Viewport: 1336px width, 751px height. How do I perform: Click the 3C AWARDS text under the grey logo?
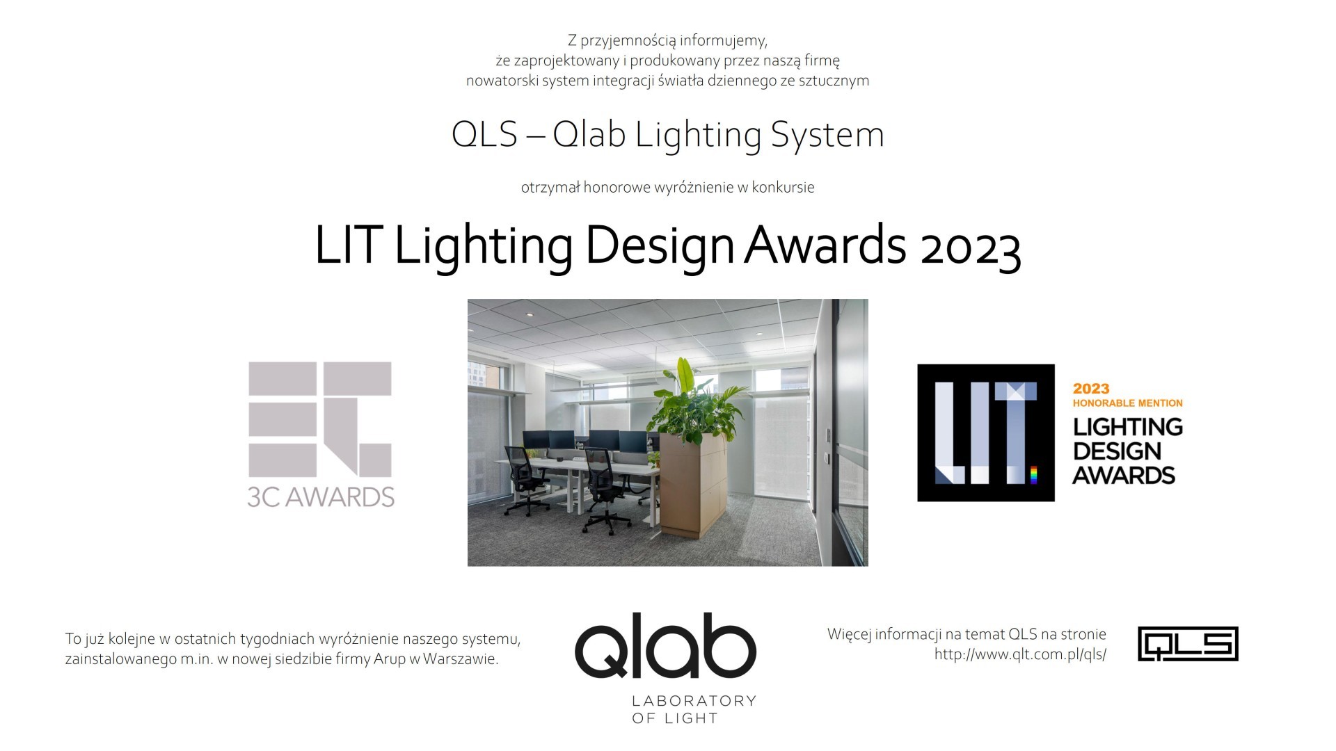pos(321,496)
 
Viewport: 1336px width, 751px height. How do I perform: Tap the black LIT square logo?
pos(986,433)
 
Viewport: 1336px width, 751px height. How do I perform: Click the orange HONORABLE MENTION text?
pos(1127,403)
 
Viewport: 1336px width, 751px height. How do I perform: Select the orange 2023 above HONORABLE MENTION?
pos(1091,389)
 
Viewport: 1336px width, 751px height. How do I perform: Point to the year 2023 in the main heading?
pos(970,246)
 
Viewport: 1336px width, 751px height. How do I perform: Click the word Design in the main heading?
pos(660,246)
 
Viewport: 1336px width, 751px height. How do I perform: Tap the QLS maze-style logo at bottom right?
pos(1188,644)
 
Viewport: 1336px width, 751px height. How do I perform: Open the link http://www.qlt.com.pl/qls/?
pos(1020,654)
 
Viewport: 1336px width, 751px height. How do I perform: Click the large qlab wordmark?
pos(665,645)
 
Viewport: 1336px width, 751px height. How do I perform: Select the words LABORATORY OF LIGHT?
pos(694,709)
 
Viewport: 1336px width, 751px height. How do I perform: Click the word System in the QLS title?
pos(827,135)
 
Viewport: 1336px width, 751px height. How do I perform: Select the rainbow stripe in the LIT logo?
pos(1033,475)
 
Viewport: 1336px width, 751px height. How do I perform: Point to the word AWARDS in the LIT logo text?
pos(1124,476)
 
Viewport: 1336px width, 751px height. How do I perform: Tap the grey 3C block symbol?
pos(320,419)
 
